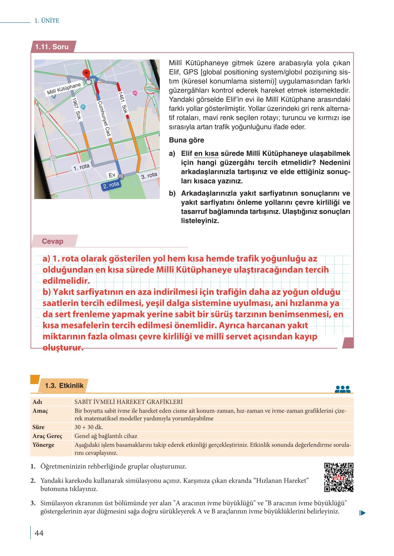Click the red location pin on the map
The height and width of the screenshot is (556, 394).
coord(86,74)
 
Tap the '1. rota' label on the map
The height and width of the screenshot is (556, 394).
coord(81,167)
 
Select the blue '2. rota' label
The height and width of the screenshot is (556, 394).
coord(111,185)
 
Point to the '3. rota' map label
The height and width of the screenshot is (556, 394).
coord(149,175)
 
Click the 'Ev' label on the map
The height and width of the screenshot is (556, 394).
coord(112,175)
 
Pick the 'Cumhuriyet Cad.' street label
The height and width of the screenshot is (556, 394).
coord(104,119)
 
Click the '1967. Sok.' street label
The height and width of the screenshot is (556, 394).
coord(77,108)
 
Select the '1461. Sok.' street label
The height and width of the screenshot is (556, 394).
coord(123,103)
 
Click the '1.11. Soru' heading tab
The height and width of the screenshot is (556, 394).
coord(52,47)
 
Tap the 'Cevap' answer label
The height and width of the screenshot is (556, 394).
coord(53,241)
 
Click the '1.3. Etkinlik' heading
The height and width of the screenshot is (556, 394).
coord(64,386)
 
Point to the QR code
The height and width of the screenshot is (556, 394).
coord(338,477)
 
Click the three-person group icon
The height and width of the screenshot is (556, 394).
coord(343,389)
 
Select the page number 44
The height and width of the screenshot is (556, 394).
coord(39,533)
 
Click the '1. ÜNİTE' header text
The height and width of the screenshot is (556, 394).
coord(47,21)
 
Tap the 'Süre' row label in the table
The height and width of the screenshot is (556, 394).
coord(39,427)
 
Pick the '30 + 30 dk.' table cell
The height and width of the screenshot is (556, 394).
coord(89,427)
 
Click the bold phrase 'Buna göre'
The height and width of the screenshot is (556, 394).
coord(186,140)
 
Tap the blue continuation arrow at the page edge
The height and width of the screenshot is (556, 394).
coord(363,513)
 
